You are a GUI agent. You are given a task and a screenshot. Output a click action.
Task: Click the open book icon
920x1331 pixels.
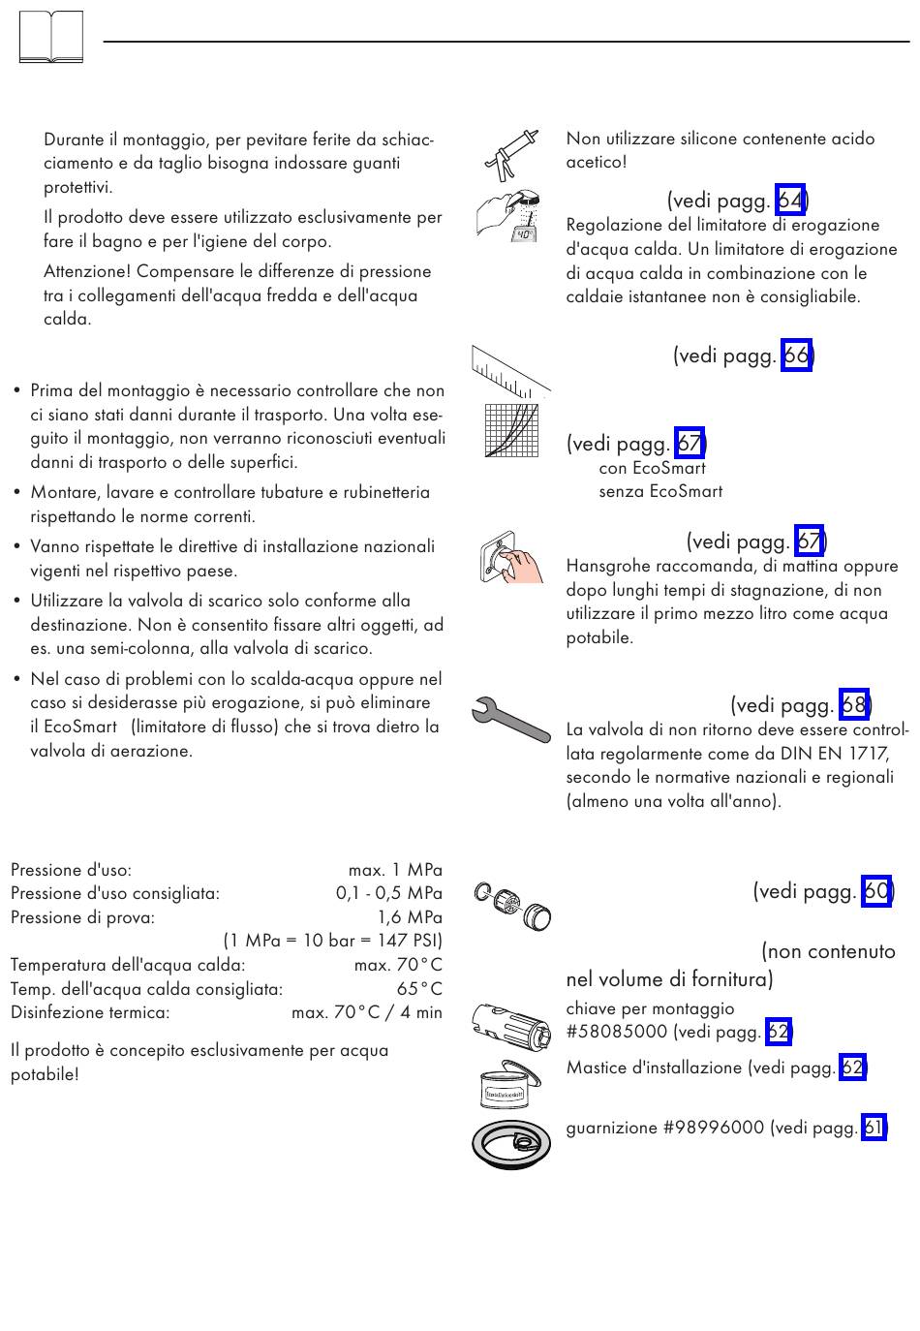(51, 39)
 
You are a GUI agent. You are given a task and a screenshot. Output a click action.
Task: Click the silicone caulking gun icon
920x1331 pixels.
(511, 154)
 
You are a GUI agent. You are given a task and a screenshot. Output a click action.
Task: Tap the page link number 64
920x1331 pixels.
(790, 201)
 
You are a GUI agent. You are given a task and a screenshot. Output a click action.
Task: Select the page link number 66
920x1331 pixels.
(796, 356)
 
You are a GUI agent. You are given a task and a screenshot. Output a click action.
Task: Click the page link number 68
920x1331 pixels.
(853, 704)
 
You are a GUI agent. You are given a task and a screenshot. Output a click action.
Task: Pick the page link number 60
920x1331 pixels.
(875, 890)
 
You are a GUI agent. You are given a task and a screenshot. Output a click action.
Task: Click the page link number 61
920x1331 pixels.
(873, 1128)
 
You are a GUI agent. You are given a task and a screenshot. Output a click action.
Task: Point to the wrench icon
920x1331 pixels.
(510, 720)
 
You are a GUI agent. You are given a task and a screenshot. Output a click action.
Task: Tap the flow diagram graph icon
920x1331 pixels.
(510, 431)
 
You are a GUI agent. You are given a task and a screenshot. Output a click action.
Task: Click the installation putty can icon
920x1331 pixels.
(510, 1084)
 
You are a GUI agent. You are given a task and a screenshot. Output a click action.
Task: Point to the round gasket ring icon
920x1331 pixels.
(511, 1143)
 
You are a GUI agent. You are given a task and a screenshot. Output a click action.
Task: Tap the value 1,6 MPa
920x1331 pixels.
(410, 917)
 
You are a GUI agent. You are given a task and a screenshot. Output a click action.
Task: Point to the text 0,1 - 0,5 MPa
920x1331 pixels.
(388, 893)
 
